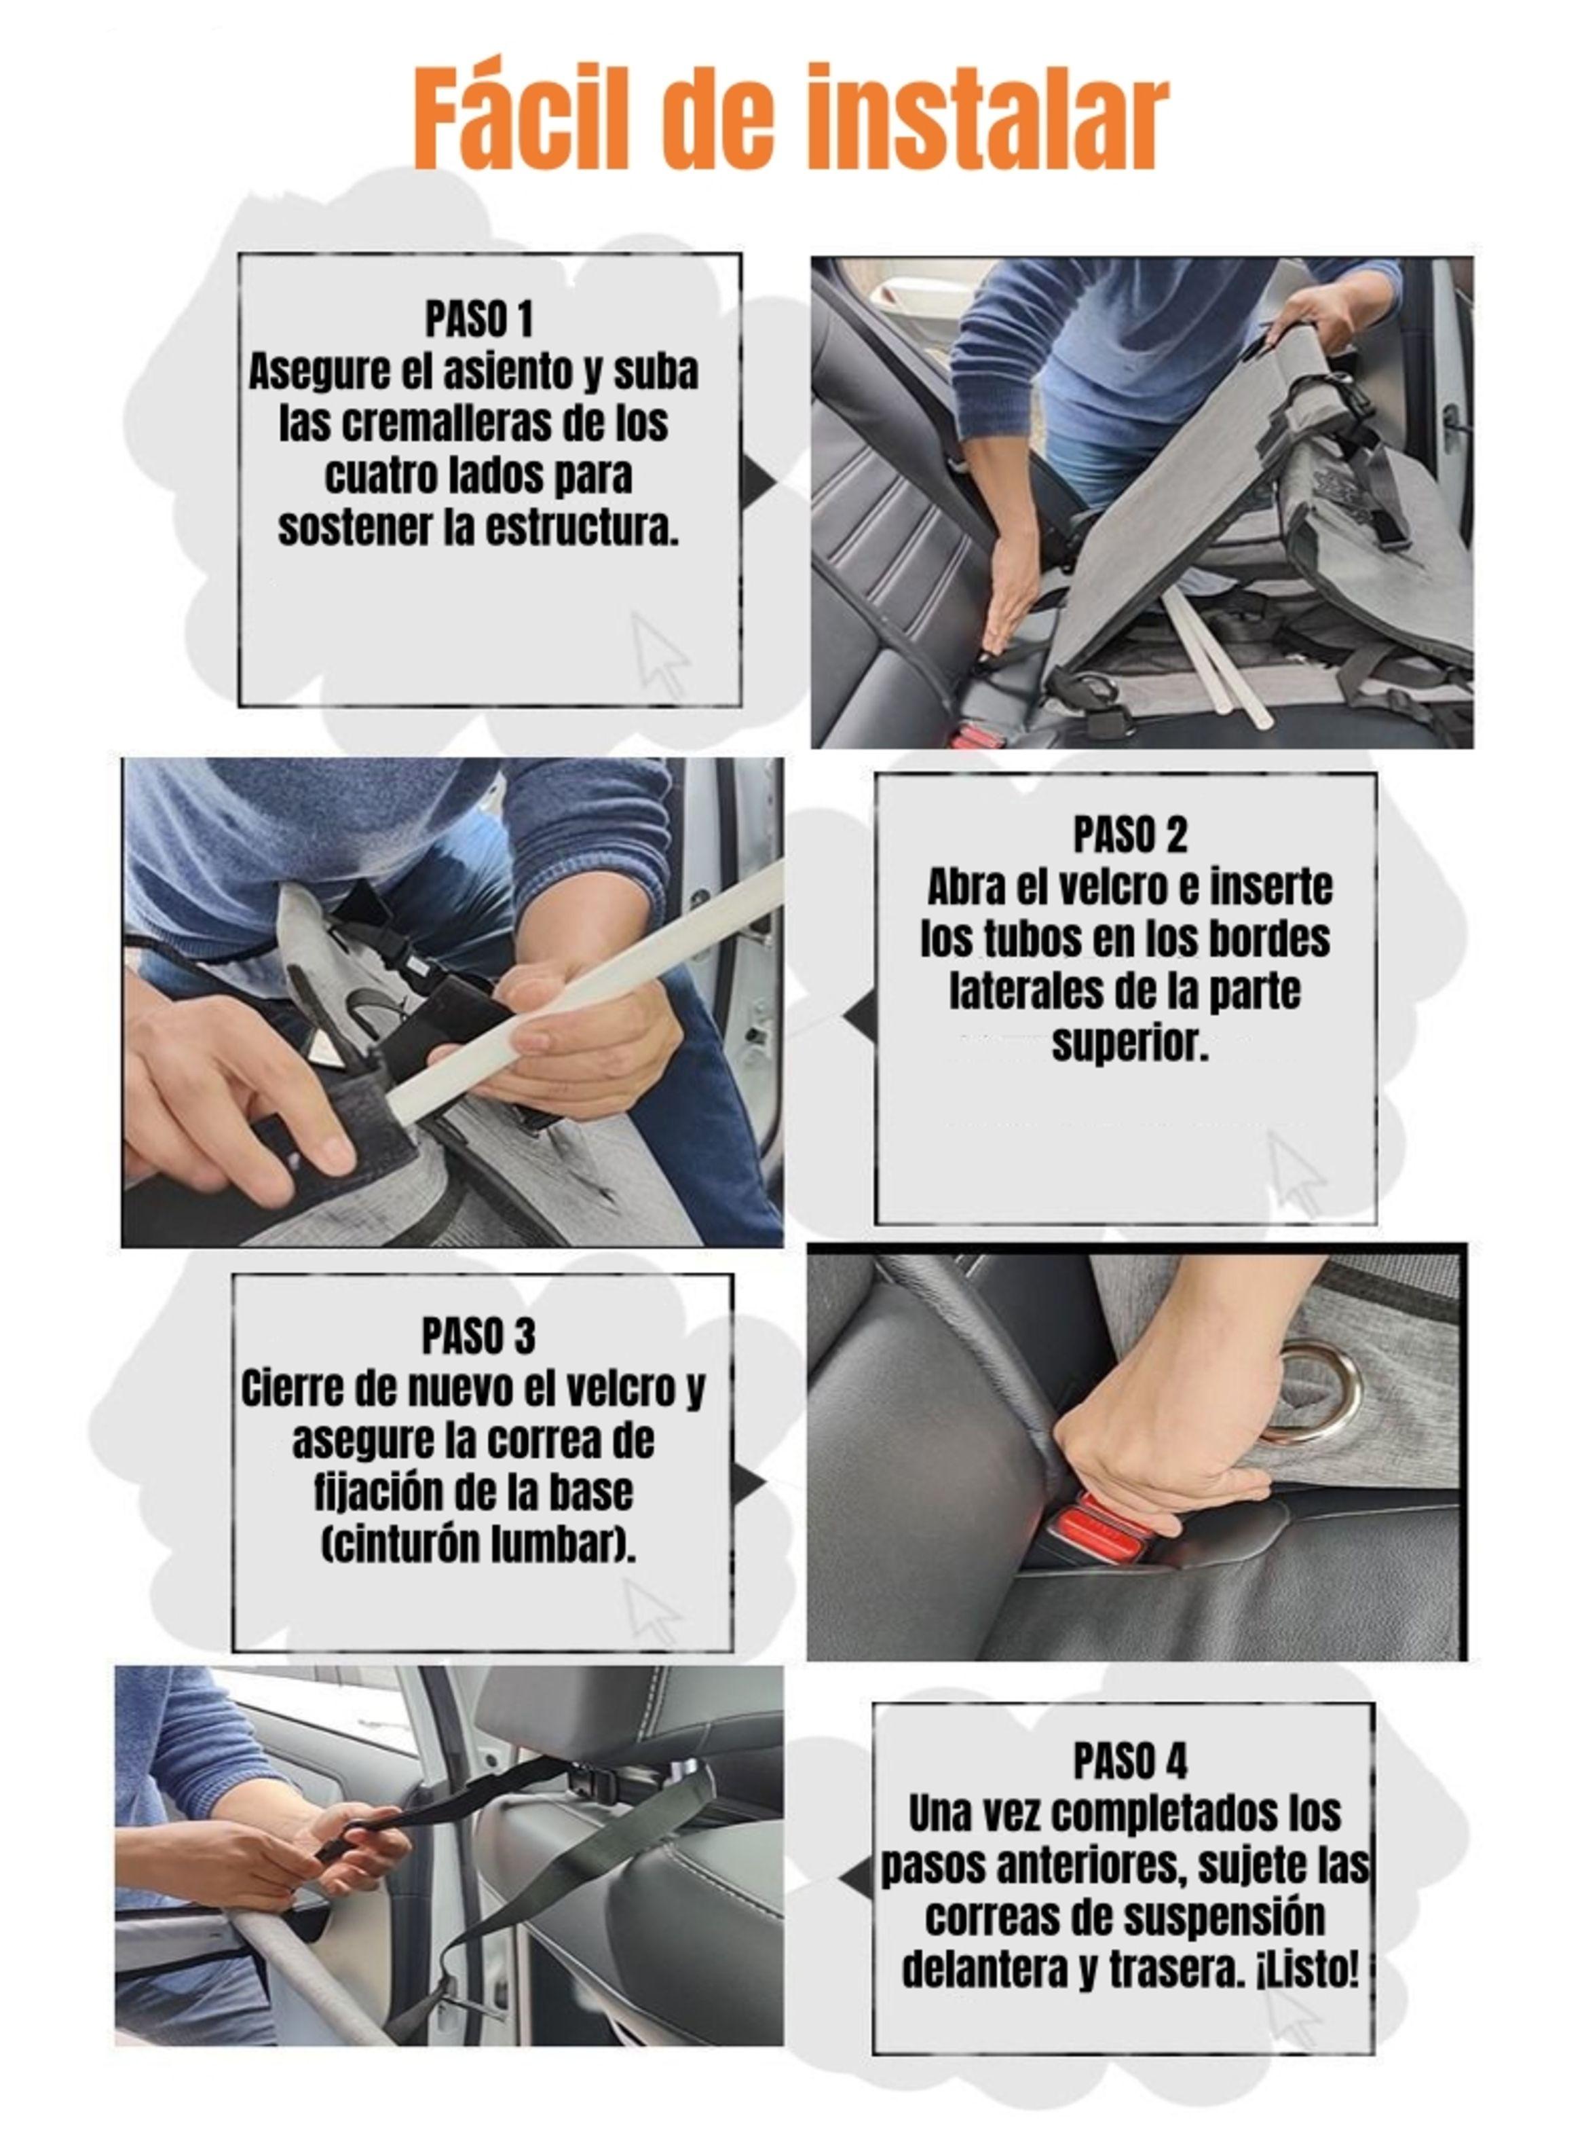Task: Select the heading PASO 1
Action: [x=479, y=319]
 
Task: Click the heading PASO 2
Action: [x=1130, y=835]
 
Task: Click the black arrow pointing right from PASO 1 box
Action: [x=757, y=481]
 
